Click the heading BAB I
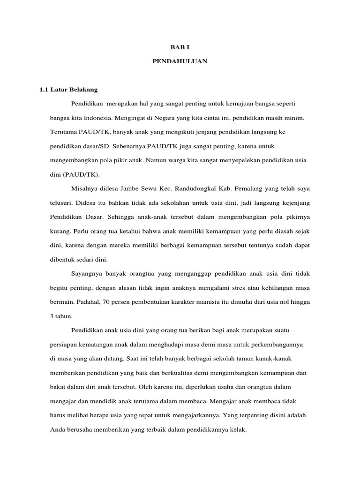click(180, 47)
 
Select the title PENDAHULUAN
click(180, 61)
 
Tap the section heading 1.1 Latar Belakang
click(68, 89)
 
